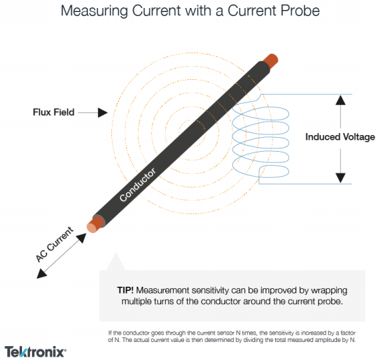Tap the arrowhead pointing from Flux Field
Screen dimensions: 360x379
pos(102,113)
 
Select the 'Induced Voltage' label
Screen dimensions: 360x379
pos(340,137)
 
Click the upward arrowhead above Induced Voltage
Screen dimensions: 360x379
pos(340,100)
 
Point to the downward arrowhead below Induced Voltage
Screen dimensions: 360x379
pos(340,178)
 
